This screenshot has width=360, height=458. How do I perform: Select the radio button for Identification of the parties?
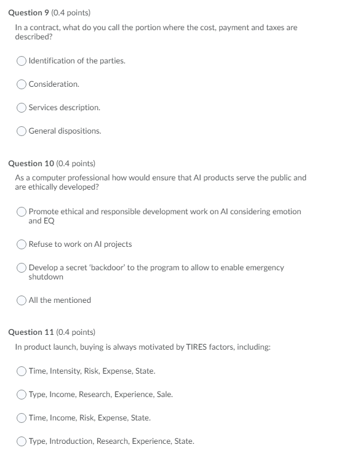tap(22, 60)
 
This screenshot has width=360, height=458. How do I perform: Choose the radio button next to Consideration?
tap(22, 84)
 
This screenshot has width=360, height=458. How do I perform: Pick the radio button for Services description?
tap(22, 107)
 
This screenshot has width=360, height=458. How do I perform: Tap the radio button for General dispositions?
tap(22, 131)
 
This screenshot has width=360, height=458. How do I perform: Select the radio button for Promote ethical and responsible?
tap(22, 211)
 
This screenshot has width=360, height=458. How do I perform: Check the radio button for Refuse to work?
tap(22, 244)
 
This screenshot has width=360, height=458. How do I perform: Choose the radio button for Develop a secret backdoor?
tap(22, 268)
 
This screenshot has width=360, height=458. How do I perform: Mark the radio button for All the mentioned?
tap(22, 300)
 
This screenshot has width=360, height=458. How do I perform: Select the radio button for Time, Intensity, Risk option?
tap(22, 371)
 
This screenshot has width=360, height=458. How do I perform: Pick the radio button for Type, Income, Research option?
tap(22, 395)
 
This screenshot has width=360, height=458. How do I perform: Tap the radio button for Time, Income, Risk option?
tap(22, 418)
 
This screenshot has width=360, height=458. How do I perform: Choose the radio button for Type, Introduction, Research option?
tap(22, 441)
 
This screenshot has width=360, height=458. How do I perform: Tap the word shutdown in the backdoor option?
tap(46, 277)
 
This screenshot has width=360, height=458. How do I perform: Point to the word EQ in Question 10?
tap(49, 220)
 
